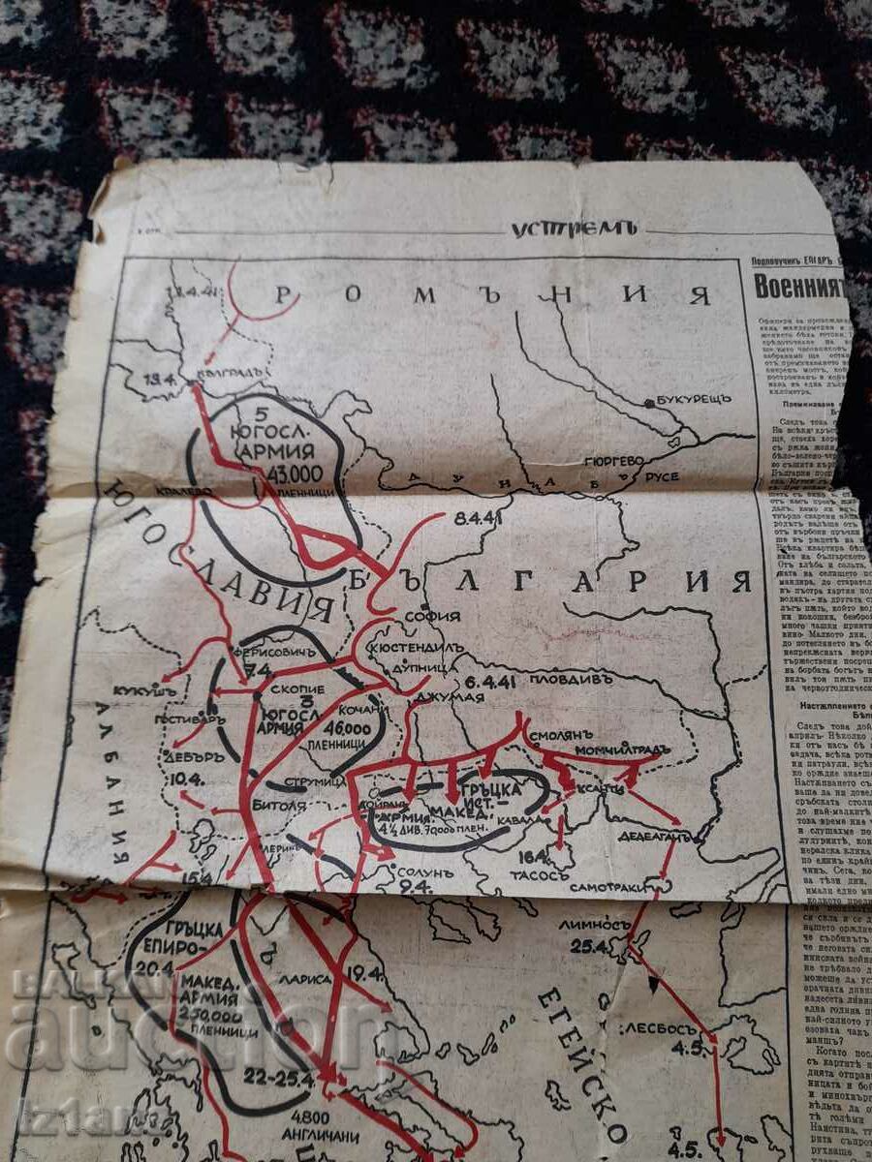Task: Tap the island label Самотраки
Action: [x=605, y=886]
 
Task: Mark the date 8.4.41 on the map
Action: [x=477, y=518]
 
